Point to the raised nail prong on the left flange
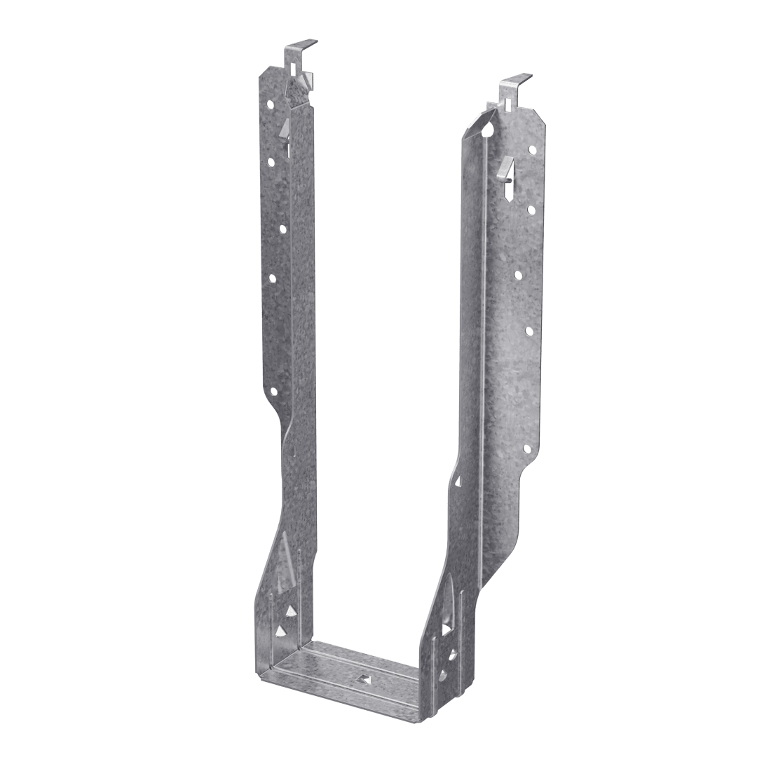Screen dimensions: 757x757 click(x=285, y=128)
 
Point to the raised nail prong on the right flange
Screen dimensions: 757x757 click(x=503, y=169)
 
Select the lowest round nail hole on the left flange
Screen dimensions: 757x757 click(x=273, y=392)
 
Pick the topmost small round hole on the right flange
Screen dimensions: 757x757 click(x=531, y=149)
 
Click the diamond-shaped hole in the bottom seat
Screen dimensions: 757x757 click(x=362, y=678)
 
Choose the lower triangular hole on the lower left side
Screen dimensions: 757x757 click(x=280, y=632)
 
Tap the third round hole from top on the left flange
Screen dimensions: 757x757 click(x=282, y=229)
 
